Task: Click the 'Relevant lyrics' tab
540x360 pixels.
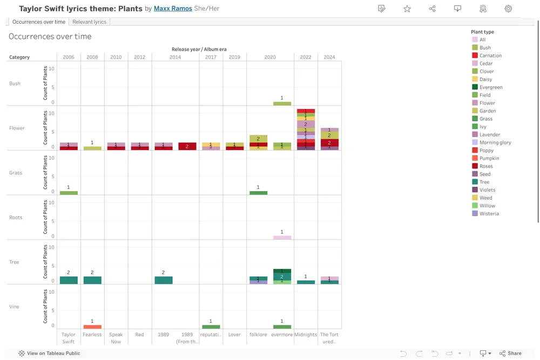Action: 90,22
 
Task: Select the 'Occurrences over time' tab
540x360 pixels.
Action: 38,22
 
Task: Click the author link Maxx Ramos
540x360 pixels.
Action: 173,9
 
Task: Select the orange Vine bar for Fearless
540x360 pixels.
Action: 92,327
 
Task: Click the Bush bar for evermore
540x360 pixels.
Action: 282,104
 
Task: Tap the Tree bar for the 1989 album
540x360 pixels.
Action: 164,280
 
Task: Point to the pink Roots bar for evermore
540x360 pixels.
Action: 282,237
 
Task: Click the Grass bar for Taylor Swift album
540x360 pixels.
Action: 69,193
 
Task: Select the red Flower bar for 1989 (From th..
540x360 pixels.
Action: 187,146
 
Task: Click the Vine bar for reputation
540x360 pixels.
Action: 211,327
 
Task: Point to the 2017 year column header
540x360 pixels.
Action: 211,57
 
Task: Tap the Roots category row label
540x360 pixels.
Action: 16,218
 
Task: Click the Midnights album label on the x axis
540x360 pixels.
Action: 306,335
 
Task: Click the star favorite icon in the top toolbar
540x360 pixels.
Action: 407,9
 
